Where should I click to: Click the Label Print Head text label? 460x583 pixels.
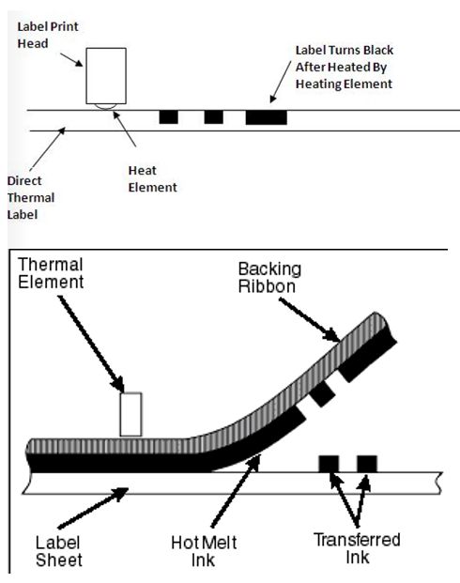[48, 35]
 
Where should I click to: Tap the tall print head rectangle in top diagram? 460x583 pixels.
[106, 76]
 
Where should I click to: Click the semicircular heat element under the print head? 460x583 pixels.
[104, 107]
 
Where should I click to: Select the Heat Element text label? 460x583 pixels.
[152, 178]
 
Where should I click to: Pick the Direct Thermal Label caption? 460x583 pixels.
[31, 198]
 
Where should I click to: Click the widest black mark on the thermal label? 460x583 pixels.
[267, 117]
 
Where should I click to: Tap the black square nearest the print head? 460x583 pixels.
[168, 116]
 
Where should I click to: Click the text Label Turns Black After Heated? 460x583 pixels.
[344, 68]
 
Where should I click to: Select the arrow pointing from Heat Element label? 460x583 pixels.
[125, 129]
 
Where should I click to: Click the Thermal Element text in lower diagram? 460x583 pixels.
[51, 273]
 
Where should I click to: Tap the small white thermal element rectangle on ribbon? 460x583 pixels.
[130, 414]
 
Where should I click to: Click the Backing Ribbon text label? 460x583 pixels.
[269, 278]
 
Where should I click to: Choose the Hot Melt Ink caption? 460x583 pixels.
[204, 551]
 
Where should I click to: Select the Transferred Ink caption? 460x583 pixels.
[357, 548]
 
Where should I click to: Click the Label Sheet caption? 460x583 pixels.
[58, 551]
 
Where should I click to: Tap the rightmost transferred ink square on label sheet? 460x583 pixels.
[367, 464]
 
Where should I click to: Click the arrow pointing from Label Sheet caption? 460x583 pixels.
[93, 508]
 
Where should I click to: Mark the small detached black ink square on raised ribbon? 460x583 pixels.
[322, 393]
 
